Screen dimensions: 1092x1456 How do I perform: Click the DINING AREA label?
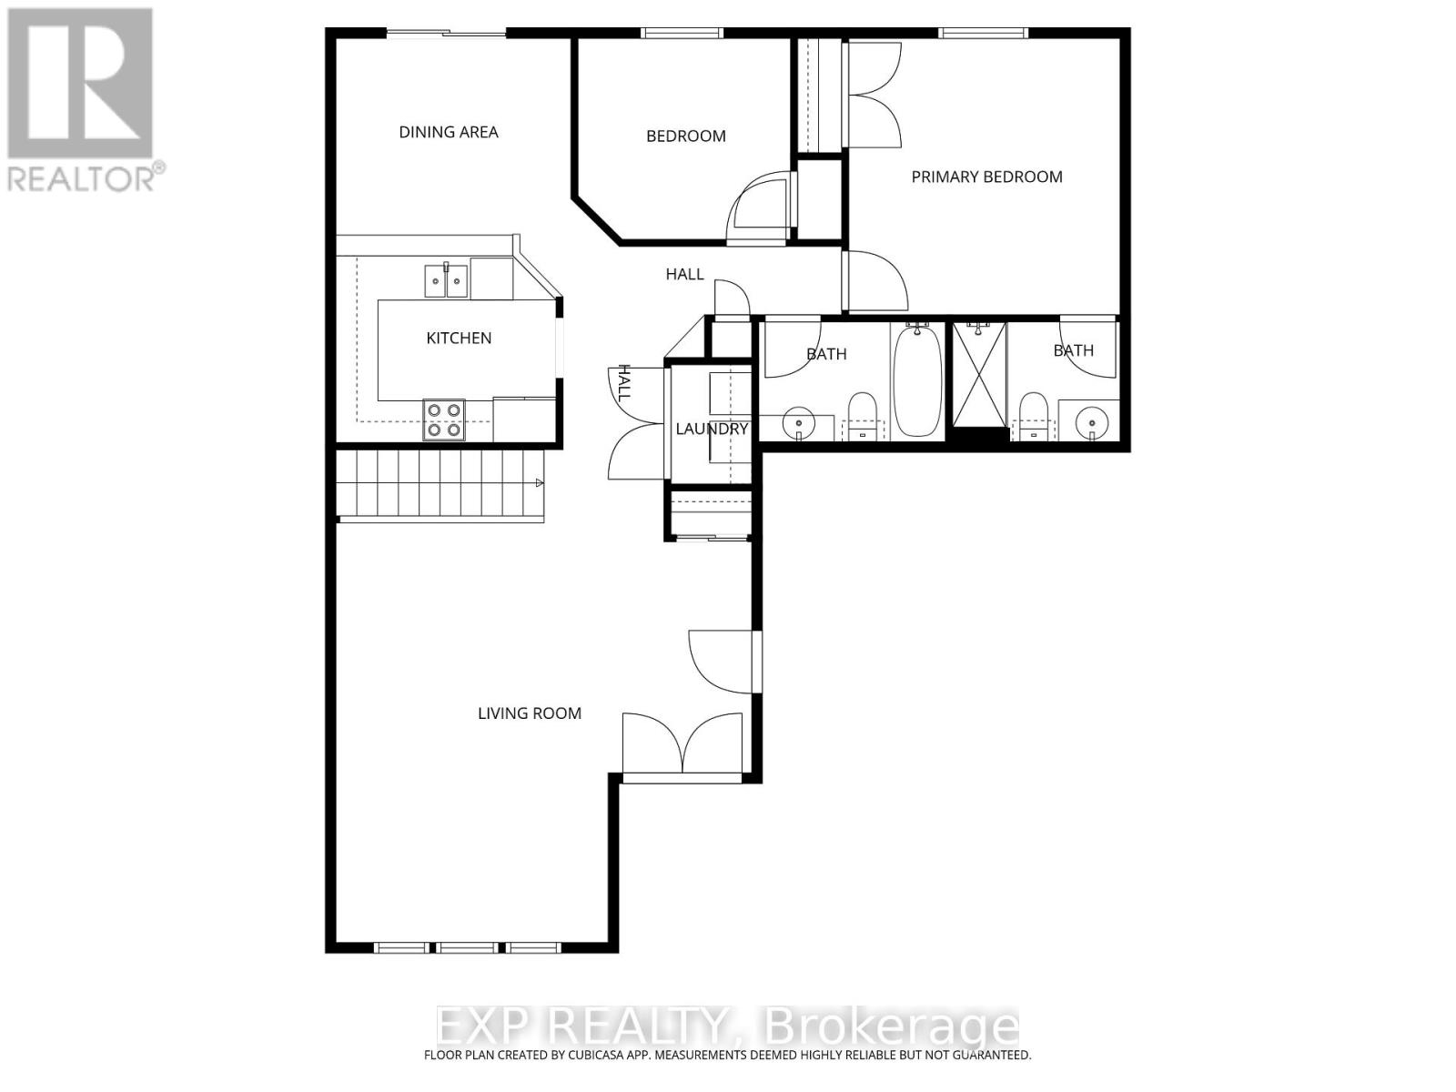(x=449, y=132)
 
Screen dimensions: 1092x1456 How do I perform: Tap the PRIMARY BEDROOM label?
(x=986, y=177)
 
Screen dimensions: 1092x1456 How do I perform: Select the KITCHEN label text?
(x=459, y=338)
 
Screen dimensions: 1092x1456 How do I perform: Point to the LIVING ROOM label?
(x=530, y=713)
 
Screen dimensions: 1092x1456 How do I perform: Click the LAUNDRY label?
(x=712, y=429)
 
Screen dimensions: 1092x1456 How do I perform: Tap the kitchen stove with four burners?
(x=444, y=420)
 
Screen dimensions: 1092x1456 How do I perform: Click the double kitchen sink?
(x=446, y=281)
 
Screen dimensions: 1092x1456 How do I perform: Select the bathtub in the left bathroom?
(x=917, y=381)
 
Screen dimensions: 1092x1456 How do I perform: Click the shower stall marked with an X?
(x=979, y=373)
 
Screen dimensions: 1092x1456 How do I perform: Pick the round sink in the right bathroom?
(x=1092, y=421)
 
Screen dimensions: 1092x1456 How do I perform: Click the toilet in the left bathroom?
(x=862, y=414)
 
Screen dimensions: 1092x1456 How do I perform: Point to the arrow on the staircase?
(x=539, y=482)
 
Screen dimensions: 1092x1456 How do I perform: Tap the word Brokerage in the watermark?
(x=892, y=1026)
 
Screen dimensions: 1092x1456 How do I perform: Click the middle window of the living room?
(x=467, y=947)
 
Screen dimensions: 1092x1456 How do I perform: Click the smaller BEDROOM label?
(x=685, y=136)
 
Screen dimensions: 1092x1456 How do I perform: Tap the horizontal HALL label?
(x=684, y=274)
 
